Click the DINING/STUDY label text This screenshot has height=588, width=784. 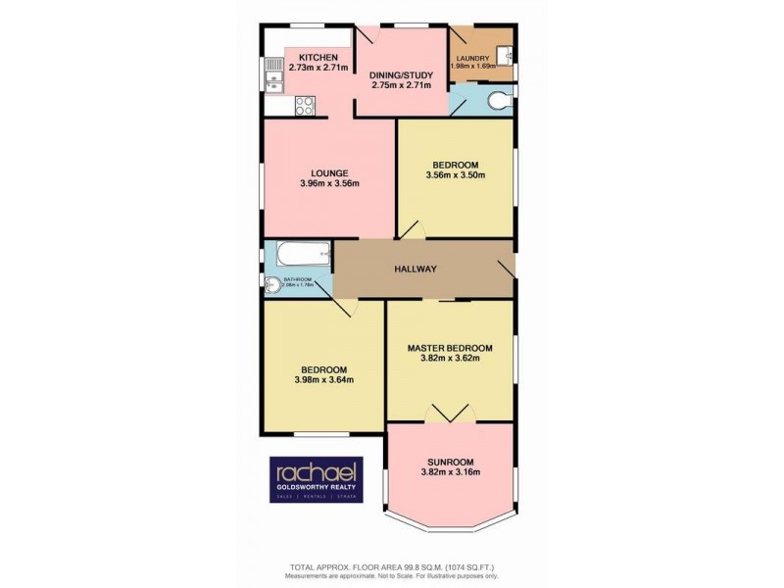400,74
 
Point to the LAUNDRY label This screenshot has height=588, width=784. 471,58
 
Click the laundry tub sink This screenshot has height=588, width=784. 505,55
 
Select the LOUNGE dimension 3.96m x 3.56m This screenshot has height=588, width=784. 329,183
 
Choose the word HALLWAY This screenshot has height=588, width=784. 416,269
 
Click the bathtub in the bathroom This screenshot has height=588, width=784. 300,257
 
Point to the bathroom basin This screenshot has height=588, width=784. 271,285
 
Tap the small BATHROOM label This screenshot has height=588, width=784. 297,279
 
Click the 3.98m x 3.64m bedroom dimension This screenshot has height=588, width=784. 323,380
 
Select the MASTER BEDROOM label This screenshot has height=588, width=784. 449,347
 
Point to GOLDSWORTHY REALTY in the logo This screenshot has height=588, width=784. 316,491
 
